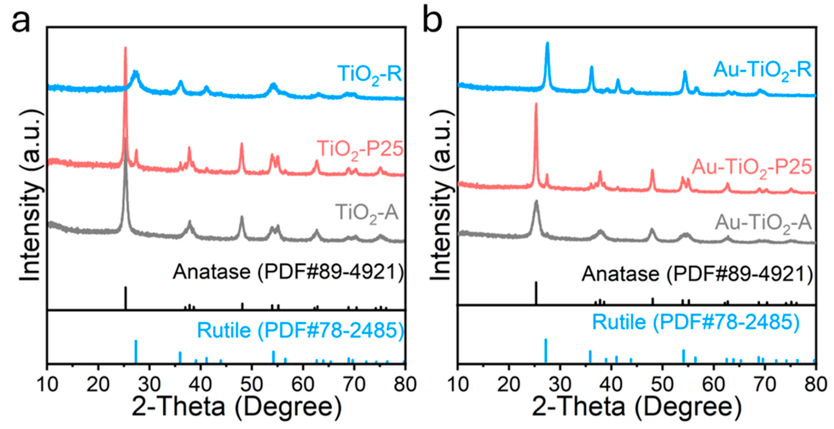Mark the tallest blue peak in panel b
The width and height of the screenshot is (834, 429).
pos(547,43)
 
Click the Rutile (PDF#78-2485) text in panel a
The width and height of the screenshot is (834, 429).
pos(300,331)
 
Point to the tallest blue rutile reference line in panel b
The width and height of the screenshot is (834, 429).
pos(546,351)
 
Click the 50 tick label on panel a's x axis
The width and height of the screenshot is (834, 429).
pos(252,385)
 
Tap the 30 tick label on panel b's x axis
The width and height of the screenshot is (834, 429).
pos(560,385)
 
